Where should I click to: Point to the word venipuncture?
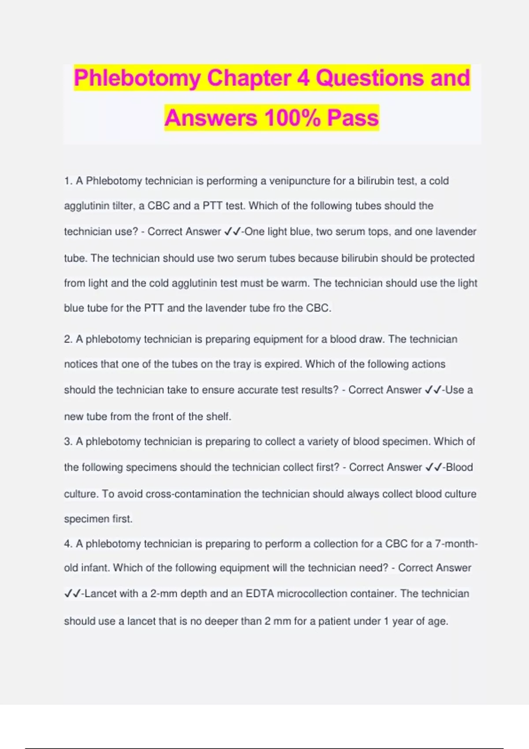(x=300, y=181)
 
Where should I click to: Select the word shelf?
(x=218, y=416)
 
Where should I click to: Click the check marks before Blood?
(x=434, y=467)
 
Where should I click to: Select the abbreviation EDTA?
(x=259, y=594)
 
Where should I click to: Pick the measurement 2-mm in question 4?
(x=164, y=594)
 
